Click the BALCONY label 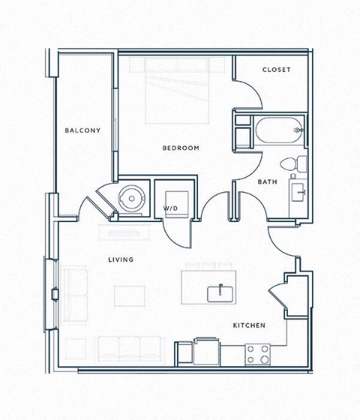[x=82, y=130]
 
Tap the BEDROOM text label [x=181, y=148]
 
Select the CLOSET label [x=276, y=70]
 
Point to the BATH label [x=268, y=182]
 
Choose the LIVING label [x=120, y=259]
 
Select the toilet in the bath [x=293, y=163]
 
